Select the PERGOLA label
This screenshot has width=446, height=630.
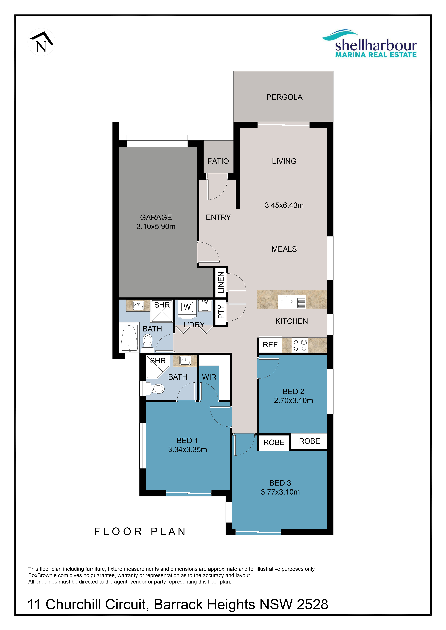284,97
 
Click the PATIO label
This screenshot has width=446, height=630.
218,161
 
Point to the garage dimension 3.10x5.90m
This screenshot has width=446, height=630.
156,226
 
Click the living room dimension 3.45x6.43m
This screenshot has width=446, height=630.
284,205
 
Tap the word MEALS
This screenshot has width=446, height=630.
284,249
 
